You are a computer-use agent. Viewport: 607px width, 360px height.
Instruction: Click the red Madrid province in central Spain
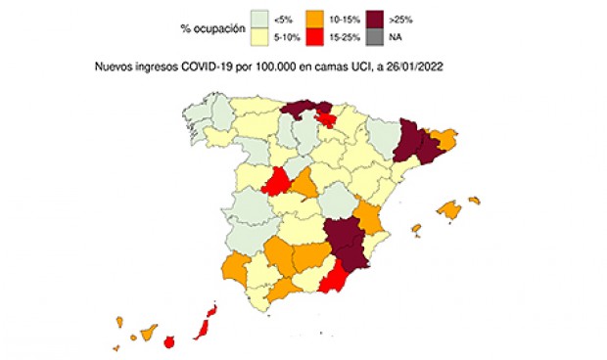pos(278,182)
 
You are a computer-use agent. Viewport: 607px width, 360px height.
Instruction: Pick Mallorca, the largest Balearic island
pos(449,210)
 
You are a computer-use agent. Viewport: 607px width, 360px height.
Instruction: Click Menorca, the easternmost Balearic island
pos(475,201)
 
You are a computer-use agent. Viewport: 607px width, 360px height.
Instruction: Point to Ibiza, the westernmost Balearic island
pos(416,230)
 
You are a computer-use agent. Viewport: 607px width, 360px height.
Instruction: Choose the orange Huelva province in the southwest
pos(235,266)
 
